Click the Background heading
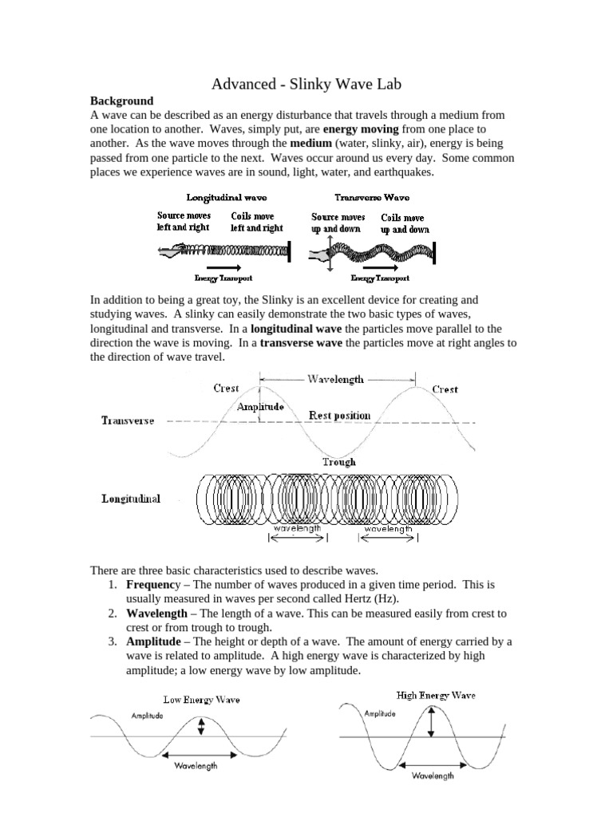pyautogui.click(x=121, y=101)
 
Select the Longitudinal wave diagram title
pyautogui.click(x=227, y=196)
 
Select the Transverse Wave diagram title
pyautogui.click(x=372, y=196)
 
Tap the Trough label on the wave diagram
pyautogui.click(x=339, y=461)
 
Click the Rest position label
pyautogui.click(x=339, y=415)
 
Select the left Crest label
pyautogui.click(x=226, y=389)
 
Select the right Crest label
pyautogui.click(x=445, y=389)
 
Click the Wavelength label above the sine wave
pyautogui.click(x=335, y=379)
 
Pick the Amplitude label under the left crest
pyautogui.click(x=260, y=406)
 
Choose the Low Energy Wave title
pyautogui.click(x=201, y=700)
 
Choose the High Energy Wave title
pyautogui.click(x=435, y=695)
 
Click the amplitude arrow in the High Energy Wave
pyautogui.click(x=431, y=721)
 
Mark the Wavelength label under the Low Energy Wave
pyautogui.click(x=194, y=767)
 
